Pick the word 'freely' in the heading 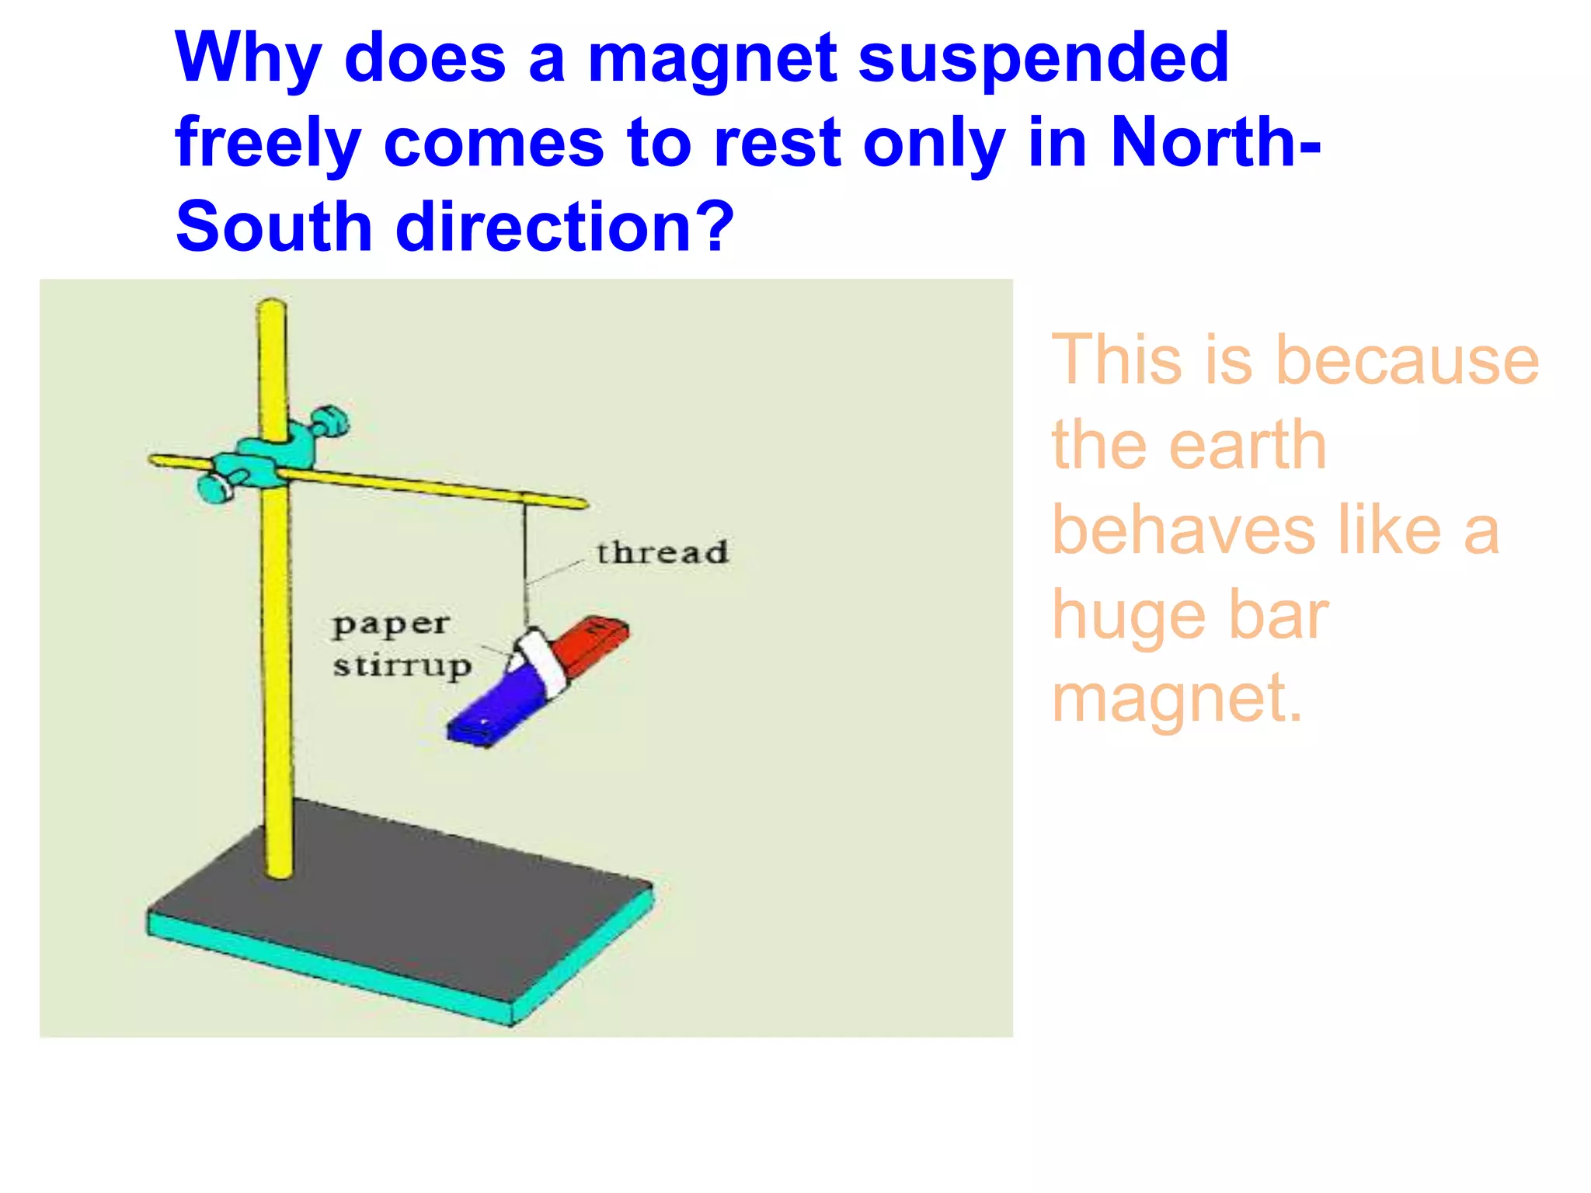pyautogui.click(x=268, y=144)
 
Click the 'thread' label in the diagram pyautogui.click(x=662, y=553)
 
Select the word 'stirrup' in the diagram pyautogui.click(x=402, y=666)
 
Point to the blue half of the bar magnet pyautogui.click(x=497, y=707)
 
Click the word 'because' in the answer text pyautogui.click(x=1407, y=360)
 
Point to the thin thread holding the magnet pyautogui.click(x=525, y=559)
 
